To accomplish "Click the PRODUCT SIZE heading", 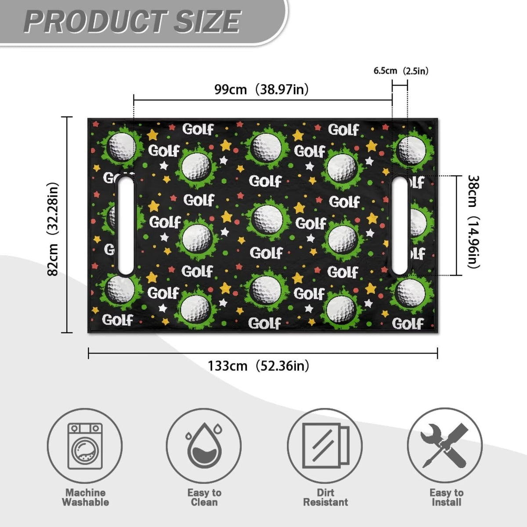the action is [x=132, y=22].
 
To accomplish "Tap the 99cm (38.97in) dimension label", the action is [x=261, y=89].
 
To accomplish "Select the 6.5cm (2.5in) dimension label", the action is [x=401, y=71].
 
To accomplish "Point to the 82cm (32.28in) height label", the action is [x=53, y=229].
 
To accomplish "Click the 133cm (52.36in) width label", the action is [x=258, y=366].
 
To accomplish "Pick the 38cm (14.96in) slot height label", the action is [x=474, y=222].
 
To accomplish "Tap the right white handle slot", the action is [x=400, y=226].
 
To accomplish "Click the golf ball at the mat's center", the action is [x=268, y=219].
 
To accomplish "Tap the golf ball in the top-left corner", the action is [x=122, y=146].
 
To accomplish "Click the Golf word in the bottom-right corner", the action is [x=408, y=324].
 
